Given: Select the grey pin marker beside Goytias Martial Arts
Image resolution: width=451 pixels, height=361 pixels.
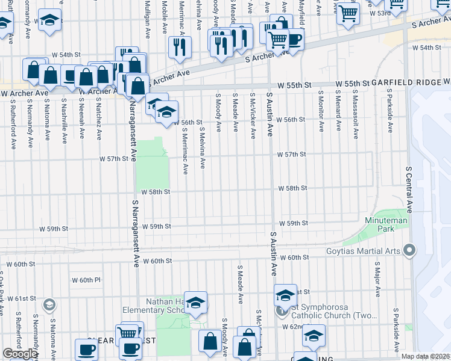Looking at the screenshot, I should (x=411, y=249).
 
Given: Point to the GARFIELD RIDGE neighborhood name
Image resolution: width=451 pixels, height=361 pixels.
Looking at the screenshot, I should (x=406, y=82).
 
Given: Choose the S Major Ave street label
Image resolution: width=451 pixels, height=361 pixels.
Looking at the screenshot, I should (x=377, y=280).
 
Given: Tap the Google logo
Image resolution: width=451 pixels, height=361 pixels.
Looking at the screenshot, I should (x=20, y=354).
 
